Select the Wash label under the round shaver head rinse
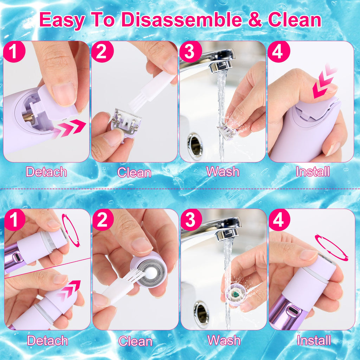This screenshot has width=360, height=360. pos(224,340)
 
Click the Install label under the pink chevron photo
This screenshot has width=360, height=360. pos(313,172)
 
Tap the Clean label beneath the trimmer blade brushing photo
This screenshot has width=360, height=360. pos(134,172)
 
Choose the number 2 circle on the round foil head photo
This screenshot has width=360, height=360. pos(103,220)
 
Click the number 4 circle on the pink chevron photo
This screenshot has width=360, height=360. pos(278,52)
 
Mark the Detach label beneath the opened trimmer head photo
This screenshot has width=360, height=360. pos(46,172)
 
